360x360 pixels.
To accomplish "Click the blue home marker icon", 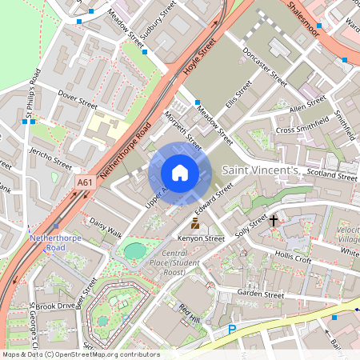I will [x=180, y=173].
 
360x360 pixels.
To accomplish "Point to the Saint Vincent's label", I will [x=260, y=170].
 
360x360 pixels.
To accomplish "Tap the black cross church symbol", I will [x=273, y=219].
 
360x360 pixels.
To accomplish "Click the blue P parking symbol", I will [x=233, y=329].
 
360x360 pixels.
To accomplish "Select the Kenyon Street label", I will [x=202, y=238].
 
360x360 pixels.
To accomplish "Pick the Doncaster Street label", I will [x=264, y=71].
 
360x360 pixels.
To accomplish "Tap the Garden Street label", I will [x=261, y=294].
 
